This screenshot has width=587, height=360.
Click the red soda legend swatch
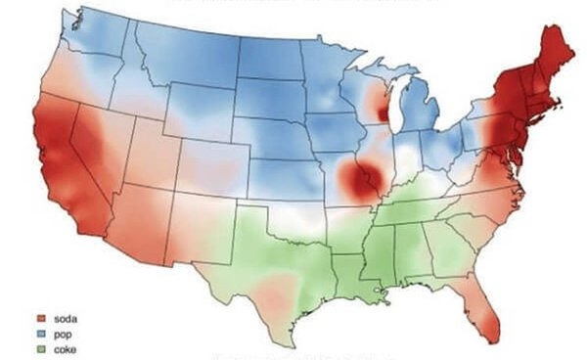pyautogui.click(x=43, y=319)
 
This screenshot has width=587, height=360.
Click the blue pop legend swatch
pyautogui.click(x=43, y=334)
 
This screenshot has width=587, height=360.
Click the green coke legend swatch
pyautogui.click(x=43, y=348)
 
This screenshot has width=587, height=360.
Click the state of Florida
pyautogui.click(x=476, y=293)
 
